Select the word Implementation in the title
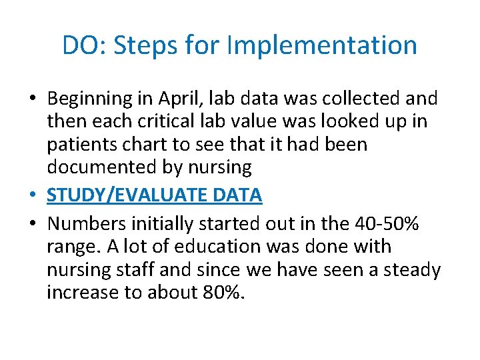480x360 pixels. [322, 45]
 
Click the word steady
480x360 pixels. [406, 269]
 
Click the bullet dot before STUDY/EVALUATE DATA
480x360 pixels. [33, 196]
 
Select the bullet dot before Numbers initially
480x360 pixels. [33, 225]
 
